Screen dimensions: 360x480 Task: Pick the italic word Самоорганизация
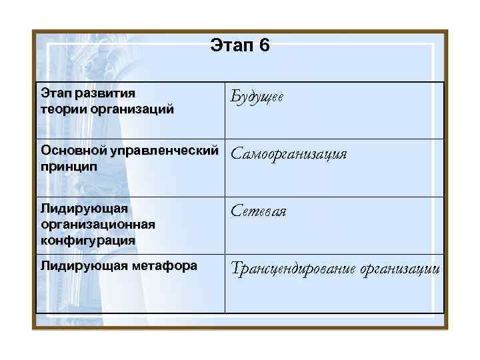click(289, 155)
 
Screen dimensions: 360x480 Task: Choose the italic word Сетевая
click(259, 211)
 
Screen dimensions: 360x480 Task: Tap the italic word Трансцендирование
click(293, 269)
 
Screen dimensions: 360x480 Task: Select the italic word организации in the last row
click(399, 269)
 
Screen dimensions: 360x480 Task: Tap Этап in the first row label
click(55, 93)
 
